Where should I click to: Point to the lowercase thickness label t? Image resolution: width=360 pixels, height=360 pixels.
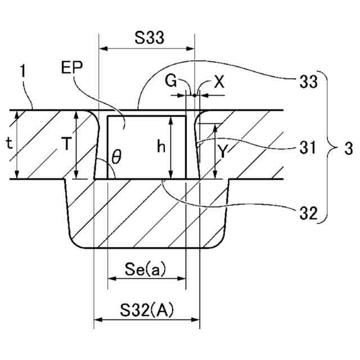9,143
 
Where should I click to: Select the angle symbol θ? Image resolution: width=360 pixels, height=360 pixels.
115,158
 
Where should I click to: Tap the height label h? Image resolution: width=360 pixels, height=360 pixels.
161,147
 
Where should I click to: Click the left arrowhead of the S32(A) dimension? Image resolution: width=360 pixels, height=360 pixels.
97,321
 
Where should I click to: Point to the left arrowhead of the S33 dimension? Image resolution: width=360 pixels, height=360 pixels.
102,48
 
